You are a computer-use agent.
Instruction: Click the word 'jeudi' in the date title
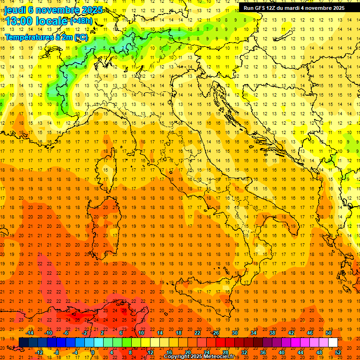[15, 10]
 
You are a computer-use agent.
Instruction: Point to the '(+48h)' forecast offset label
[81, 21]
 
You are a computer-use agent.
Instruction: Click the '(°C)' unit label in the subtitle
[81, 37]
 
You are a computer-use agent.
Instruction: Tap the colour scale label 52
[338, 352]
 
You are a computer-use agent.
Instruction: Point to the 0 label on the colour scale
[92, 352]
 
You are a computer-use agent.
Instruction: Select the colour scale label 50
[328, 332]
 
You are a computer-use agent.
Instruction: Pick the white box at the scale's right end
[333, 343]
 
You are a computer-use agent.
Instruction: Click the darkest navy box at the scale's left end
[23, 343]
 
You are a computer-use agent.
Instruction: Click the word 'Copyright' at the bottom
[177, 357]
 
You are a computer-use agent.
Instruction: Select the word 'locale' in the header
[52, 21]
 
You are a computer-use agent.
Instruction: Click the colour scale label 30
[235, 332]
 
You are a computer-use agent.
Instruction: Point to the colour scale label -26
[215, 332]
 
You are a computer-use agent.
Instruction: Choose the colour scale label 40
[282, 352]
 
